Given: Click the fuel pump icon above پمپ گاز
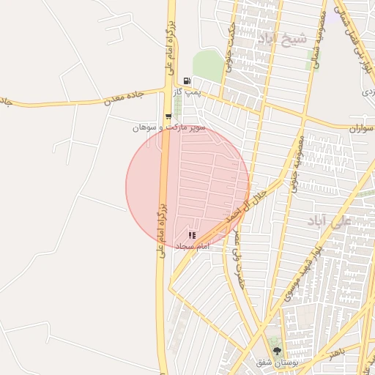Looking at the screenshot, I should click(187, 81).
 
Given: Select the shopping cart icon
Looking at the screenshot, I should click(169, 116).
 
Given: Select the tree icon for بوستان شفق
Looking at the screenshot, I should click(276, 352).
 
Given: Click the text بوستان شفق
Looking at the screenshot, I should click(275, 363).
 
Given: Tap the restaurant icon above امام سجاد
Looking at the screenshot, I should click(192, 235).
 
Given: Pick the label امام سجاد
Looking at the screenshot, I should click(192, 246).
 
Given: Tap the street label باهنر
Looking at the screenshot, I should click(337, 354).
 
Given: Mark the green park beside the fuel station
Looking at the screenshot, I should click(207, 66).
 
